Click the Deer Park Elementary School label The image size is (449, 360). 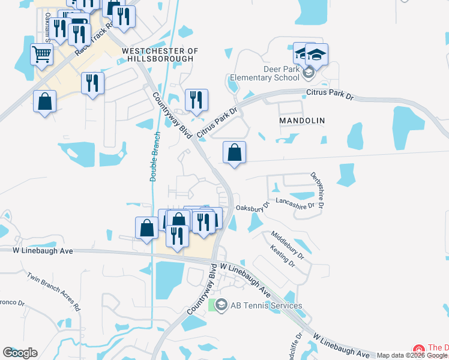pos(265,73)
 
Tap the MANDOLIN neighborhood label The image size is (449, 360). pos(302,121)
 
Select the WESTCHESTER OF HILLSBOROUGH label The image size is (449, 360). pos(159,55)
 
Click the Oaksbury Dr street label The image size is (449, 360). pos(253,207)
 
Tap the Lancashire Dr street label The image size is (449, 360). pos(295,204)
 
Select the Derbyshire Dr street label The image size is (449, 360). pos(318,191)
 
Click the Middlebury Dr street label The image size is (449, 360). pos(288,245)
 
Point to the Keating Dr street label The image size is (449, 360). pos(283,256)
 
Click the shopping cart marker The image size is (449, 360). pos(42,55)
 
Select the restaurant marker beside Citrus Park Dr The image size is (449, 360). pos(196,100)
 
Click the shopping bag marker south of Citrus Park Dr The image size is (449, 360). pos(234,152)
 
